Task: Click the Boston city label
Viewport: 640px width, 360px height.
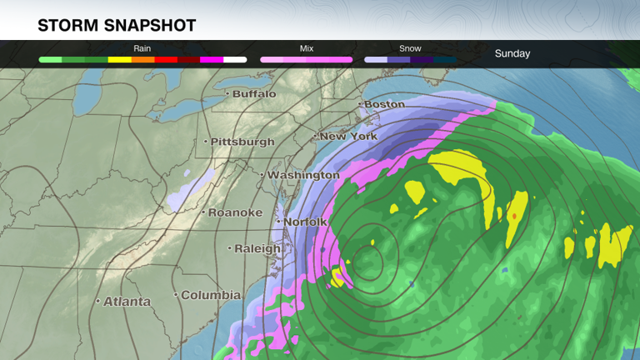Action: [384, 104]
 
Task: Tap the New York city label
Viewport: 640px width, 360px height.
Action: [349, 136]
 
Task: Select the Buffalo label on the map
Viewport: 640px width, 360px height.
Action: [254, 94]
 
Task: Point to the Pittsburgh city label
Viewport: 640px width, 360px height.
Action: [242, 142]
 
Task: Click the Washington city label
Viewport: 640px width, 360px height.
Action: [303, 175]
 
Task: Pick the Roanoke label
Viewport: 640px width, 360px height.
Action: [235, 212]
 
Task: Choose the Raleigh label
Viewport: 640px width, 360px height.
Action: [257, 248]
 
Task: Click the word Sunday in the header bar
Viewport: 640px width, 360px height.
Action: [512, 53]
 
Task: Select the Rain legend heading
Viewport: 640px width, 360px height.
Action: [142, 48]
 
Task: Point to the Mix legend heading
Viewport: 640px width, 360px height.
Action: [307, 48]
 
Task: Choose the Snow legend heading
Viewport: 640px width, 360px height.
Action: [410, 48]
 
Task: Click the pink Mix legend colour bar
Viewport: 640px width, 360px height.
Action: [307, 60]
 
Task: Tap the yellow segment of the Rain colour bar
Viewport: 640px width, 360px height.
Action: [120, 60]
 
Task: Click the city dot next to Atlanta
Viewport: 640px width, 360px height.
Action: [97, 301]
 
